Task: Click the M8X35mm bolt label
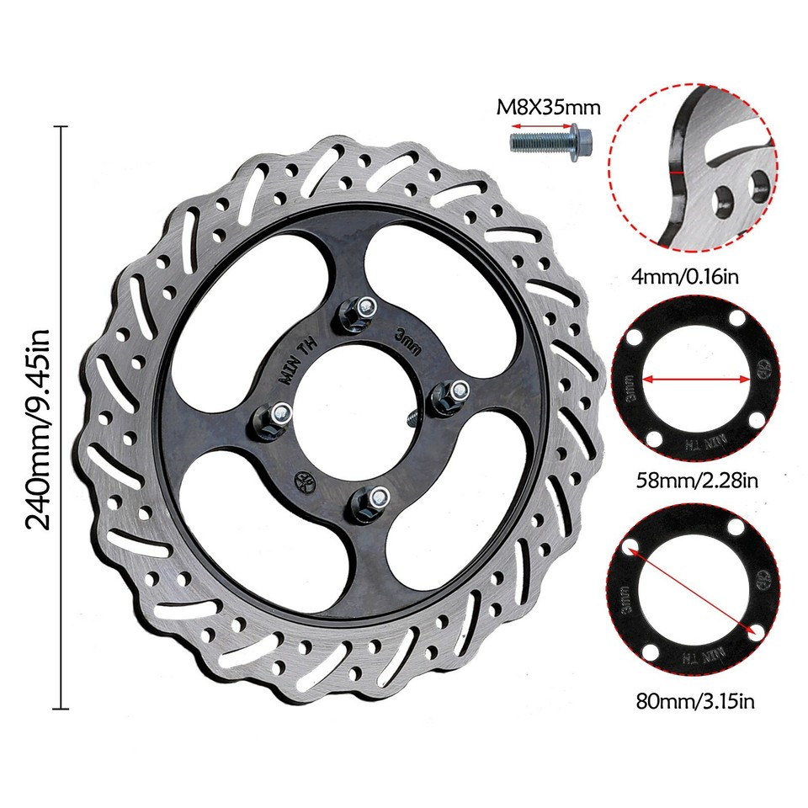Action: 547,107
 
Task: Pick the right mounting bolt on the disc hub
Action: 449,395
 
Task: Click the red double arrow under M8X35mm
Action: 540,125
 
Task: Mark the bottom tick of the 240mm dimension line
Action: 61,709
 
